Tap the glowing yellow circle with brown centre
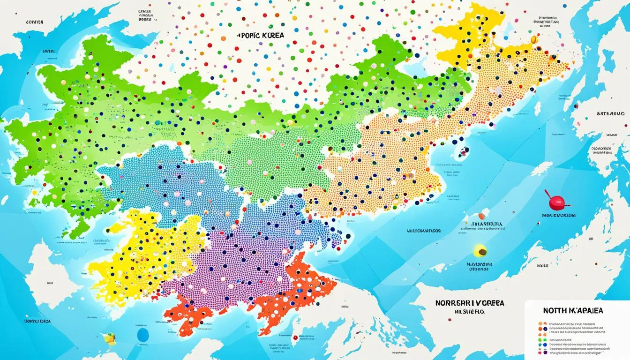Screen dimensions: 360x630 (x=480, y=251)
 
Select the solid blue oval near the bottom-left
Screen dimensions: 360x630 (x=142, y=334)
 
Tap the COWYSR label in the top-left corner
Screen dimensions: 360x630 (x=35, y=22)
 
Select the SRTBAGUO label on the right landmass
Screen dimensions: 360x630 (x=610, y=113)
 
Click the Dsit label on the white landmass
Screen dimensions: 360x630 (x=50, y=283)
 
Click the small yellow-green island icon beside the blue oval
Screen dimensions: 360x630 (x=110, y=337)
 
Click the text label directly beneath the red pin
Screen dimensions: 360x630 (x=558, y=216)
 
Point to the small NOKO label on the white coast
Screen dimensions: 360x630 (x=542, y=265)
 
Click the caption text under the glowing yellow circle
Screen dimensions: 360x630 (x=478, y=266)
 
